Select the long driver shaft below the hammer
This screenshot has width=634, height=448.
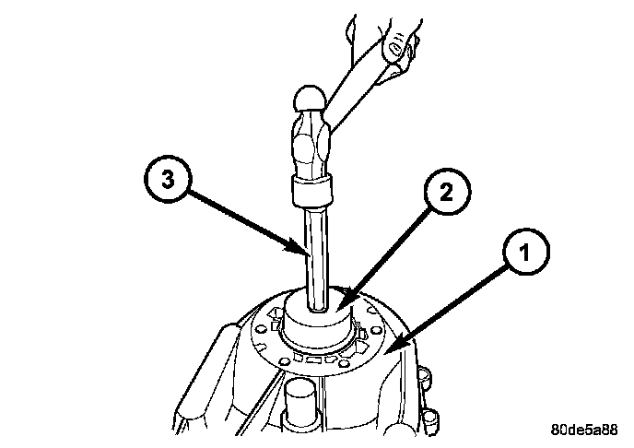313,258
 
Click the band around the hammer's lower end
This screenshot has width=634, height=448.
311,193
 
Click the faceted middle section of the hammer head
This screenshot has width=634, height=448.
312,138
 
